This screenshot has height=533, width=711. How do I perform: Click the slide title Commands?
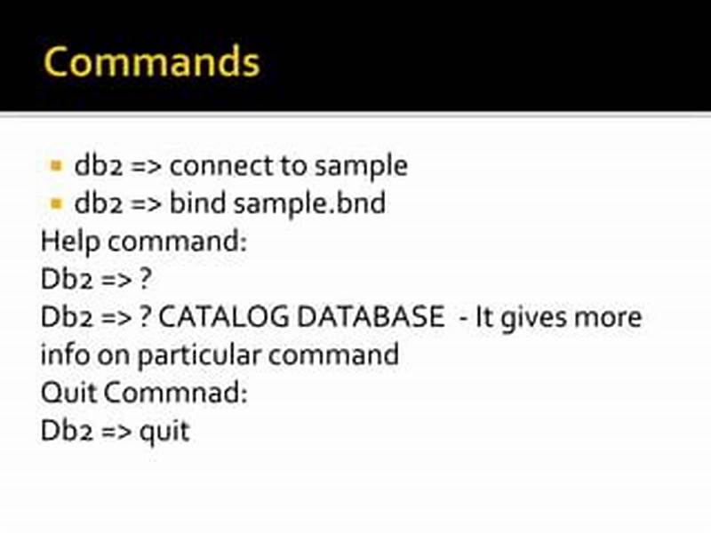(152, 62)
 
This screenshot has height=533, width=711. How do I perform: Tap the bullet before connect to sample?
(56, 165)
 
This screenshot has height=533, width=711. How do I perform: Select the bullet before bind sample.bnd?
(56, 203)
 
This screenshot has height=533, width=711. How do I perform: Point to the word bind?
(197, 203)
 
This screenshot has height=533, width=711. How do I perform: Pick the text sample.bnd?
(310, 203)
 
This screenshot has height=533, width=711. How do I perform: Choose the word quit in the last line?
(164, 432)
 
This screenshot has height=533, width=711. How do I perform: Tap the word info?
(63, 355)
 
